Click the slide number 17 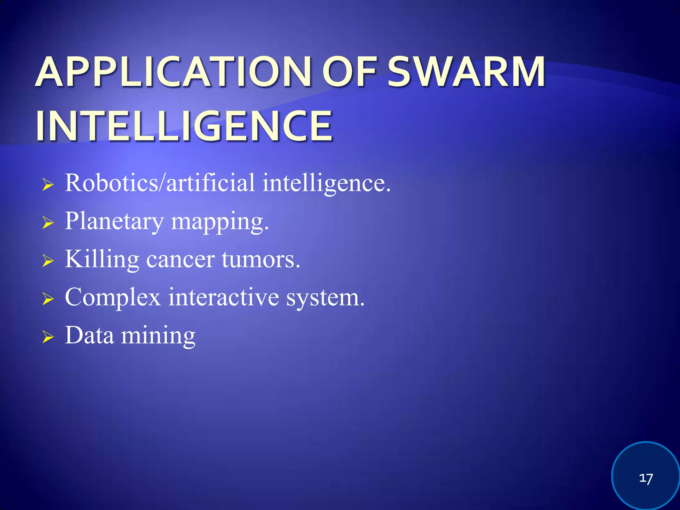point(646,478)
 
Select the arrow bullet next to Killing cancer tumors point(48,261)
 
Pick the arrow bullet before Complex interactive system point(48,299)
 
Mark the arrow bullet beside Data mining point(48,337)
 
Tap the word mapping point(219,222)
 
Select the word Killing point(102,260)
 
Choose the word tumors point(261,260)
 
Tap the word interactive point(223,297)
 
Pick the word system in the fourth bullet point(325,297)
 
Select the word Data point(89,335)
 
